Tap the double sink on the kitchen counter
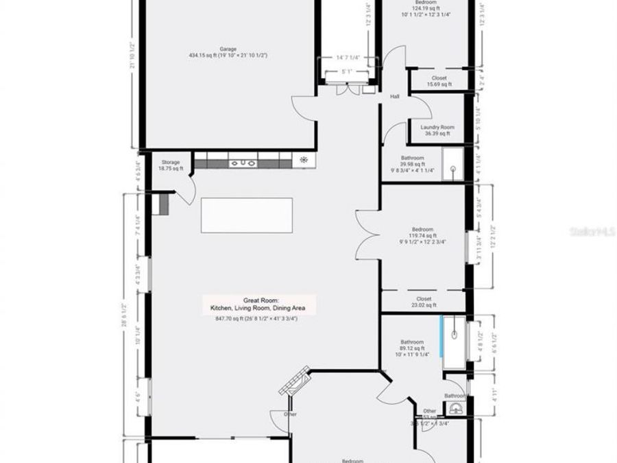pyautogui.click(x=243, y=163)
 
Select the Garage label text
pyautogui.click(x=228, y=49)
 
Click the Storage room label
pyautogui.click(x=171, y=163)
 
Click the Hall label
pyautogui.click(x=395, y=97)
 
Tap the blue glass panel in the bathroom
pyautogui.click(x=443, y=336)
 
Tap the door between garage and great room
pyautogui.click(x=304, y=108)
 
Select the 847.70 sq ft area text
pyautogui.click(x=256, y=318)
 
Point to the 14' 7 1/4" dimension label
pyautogui.click(x=348, y=58)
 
